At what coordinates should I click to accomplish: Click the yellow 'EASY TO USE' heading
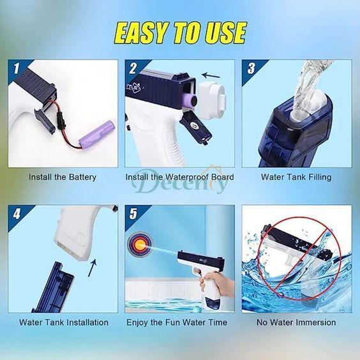click(180, 33)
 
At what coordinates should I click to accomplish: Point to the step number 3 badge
click(251, 68)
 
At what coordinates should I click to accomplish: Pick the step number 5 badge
click(133, 214)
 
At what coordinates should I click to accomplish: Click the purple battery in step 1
click(96, 133)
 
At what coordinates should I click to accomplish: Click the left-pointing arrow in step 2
click(211, 75)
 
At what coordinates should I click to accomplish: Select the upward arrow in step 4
click(93, 267)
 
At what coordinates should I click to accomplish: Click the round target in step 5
click(140, 244)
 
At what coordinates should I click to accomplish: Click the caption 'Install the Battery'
click(63, 177)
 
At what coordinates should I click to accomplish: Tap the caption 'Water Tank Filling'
click(296, 177)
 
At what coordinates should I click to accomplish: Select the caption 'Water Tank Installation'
click(64, 322)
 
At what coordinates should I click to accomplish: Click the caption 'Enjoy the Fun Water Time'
click(177, 322)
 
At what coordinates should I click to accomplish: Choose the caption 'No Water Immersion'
click(296, 322)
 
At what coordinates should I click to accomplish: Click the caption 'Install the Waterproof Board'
click(180, 177)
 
